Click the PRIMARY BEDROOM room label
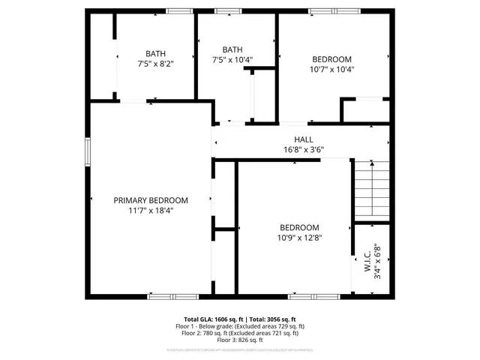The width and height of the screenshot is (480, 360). (151, 200)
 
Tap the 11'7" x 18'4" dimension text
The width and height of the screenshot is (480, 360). (151, 211)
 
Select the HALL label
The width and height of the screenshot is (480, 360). (304, 139)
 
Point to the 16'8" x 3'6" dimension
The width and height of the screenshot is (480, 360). (304, 149)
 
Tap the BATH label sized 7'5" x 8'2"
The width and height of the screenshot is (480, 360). (156, 53)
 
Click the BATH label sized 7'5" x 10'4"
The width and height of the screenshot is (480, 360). (232, 49)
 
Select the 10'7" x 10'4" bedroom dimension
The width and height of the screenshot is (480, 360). (331, 69)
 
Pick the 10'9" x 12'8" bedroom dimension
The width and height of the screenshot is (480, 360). (299, 238)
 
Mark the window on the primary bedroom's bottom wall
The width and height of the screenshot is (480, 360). (163, 296)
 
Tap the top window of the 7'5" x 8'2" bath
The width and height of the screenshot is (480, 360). (177, 10)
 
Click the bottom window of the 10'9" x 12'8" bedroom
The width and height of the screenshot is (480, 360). (305, 296)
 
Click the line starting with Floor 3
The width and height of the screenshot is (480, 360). (240, 340)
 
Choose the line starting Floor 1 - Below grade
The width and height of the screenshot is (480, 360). (240, 326)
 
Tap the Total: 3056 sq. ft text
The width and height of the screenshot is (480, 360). (273, 319)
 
